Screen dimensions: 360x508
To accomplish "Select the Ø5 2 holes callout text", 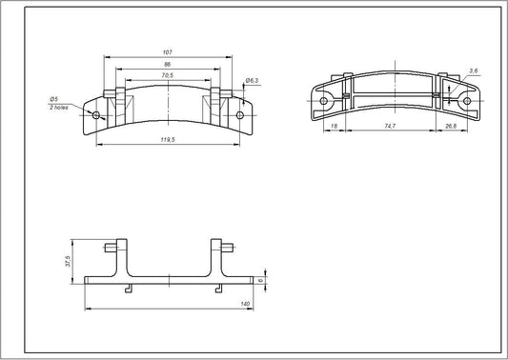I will pyautogui.click(x=55, y=103).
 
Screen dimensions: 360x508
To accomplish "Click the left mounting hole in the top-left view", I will pyautogui.click(x=95, y=114).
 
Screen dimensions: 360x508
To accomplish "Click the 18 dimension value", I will pyautogui.click(x=334, y=125).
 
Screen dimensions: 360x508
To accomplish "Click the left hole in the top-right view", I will pyautogui.click(x=325, y=100).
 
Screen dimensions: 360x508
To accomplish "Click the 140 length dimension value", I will pyautogui.click(x=244, y=303).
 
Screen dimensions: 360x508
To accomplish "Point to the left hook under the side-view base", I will pyautogui.click(x=127, y=288).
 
